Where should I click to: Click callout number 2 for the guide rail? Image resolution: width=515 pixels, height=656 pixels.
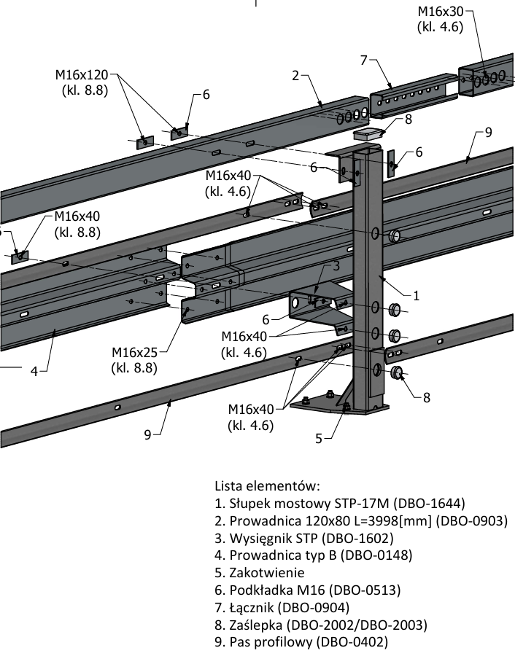coord(295,75)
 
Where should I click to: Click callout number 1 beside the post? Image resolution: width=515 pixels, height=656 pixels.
coord(416,296)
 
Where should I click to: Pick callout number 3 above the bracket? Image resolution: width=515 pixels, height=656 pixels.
coord(336,266)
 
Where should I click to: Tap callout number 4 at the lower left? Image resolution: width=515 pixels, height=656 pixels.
coord(34,371)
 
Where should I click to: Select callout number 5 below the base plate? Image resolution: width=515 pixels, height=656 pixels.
coord(319,438)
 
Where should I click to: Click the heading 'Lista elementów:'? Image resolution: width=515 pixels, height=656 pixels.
coord(267,485)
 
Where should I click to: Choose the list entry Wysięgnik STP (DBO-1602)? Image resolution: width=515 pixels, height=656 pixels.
coord(303,538)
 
